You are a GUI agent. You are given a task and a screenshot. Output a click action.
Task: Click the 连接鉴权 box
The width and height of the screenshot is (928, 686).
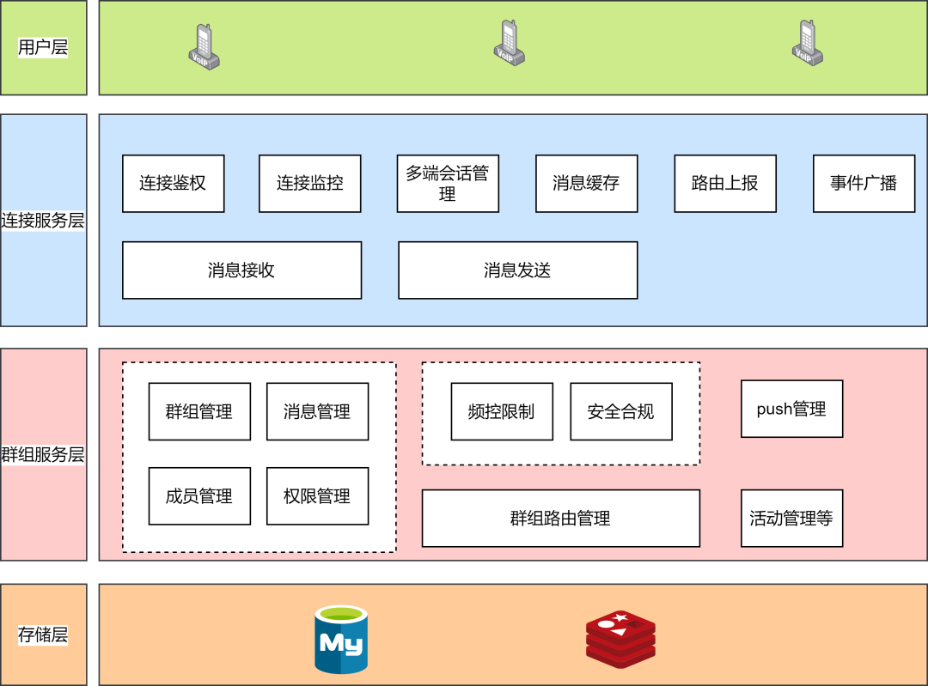[173, 184]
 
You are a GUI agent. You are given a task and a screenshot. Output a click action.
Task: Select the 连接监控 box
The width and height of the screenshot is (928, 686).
[309, 184]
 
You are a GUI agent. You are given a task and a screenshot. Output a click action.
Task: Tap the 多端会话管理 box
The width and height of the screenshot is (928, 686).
[448, 184]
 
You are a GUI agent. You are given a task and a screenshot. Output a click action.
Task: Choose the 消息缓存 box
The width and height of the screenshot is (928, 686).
[586, 184]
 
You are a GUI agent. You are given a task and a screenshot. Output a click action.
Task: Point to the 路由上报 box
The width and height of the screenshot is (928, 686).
[724, 184]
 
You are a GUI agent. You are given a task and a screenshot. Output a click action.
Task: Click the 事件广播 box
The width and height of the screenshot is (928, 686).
[864, 184]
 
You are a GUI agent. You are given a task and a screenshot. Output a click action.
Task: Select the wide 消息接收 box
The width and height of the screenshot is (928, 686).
[241, 270]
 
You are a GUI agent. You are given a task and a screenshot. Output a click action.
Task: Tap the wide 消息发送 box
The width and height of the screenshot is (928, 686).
[517, 270]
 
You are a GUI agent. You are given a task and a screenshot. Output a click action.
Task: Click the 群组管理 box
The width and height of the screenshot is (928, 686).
[199, 412]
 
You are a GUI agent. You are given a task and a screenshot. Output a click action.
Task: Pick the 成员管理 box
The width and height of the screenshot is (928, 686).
[199, 496]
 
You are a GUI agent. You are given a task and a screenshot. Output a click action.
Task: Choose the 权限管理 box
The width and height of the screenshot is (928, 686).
[317, 496]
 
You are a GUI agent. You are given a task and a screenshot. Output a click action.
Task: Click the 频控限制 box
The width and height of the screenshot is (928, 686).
[502, 412]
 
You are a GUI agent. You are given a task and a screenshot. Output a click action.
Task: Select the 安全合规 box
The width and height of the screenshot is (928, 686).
[620, 412]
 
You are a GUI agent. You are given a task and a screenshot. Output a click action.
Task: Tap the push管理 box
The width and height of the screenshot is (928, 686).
[791, 410]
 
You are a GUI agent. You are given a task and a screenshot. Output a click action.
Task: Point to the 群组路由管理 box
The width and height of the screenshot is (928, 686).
[560, 519]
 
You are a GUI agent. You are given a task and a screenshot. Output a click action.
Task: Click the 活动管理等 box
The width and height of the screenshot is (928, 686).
[791, 519]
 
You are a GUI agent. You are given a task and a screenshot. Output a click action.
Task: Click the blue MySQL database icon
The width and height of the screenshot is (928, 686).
[341, 640]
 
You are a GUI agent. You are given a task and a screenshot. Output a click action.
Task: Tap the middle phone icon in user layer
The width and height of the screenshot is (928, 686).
[509, 43]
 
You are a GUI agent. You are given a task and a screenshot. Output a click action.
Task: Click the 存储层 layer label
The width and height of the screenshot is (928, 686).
[43, 635]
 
